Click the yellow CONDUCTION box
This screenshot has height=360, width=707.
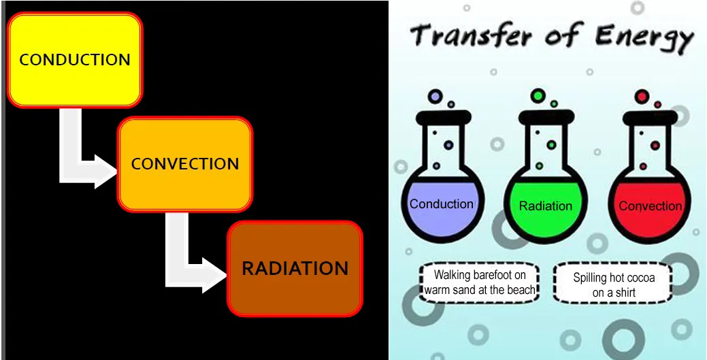point(75,60)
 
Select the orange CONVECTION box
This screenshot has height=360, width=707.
point(184,164)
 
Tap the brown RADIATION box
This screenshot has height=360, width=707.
point(295,269)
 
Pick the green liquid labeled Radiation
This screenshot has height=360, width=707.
point(545,208)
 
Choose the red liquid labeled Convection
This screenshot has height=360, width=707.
point(650,208)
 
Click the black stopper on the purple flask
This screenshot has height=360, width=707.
point(444,117)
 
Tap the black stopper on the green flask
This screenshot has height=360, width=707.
point(546,117)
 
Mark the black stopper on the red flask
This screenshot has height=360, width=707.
point(651,117)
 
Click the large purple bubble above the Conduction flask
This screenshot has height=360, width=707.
point(435,96)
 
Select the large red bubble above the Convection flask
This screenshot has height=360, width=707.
point(642,97)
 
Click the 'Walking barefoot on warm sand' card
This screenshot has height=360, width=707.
point(480,282)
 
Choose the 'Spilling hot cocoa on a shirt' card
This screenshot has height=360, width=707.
point(613,282)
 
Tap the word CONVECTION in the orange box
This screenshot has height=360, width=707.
point(185,163)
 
